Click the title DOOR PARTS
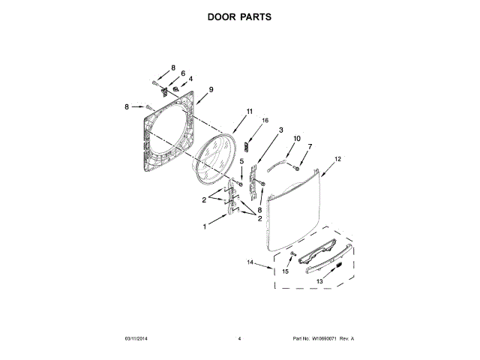239,16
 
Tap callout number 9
211,89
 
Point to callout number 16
264,120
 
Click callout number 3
280,130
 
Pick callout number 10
296,139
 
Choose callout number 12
337,159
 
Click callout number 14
251,263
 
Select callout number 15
285,271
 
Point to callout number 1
204,226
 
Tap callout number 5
241,160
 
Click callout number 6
182,73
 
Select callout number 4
190,79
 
